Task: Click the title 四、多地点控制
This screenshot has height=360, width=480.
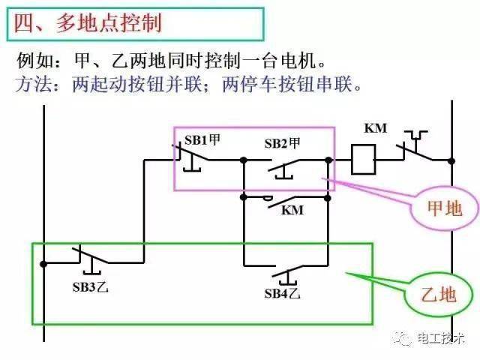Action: pyautogui.click(x=88, y=23)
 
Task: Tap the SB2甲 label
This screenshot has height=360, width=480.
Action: pyautogui.click(x=283, y=143)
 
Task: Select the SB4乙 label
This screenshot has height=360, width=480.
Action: pyautogui.click(x=283, y=292)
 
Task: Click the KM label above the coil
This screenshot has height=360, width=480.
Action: pyautogui.click(x=375, y=128)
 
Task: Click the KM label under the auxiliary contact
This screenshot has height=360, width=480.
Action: pyautogui.click(x=292, y=211)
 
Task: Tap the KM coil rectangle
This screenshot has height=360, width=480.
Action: pyautogui.click(x=364, y=160)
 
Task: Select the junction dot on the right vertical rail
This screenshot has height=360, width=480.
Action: pyautogui.click(x=450, y=160)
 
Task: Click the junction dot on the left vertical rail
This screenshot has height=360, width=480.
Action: pyautogui.click(x=44, y=263)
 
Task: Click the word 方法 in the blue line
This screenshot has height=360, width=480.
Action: pyautogui.click(x=32, y=85)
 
